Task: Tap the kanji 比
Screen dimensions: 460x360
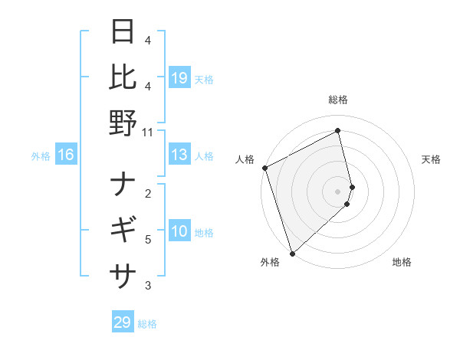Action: (x=123, y=77)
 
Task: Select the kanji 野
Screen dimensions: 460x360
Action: (x=123, y=123)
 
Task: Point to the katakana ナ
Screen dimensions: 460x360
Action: (x=123, y=184)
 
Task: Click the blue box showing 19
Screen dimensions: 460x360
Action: (x=179, y=78)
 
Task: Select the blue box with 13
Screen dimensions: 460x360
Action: (x=179, y=155)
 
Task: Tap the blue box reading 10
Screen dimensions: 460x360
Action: (x=179, y=231)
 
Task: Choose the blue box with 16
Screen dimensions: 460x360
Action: (x=66, y=155)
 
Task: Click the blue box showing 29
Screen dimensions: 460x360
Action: (x=123, y=322)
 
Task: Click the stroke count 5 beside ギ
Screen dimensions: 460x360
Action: (x=148, y=240)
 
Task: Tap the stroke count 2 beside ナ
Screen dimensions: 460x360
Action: (x=148, y=193)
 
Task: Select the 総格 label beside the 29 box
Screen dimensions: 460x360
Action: (x=147, y=324)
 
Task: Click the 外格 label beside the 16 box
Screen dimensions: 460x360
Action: (x=41, y=156)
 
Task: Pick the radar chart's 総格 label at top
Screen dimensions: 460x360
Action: (x=337, y=100)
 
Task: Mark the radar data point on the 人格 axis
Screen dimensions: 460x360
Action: (x=264, y=168)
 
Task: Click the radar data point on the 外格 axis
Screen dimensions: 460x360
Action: (x=292, y=253)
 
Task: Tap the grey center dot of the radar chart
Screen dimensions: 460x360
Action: (x=337, y=191)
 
